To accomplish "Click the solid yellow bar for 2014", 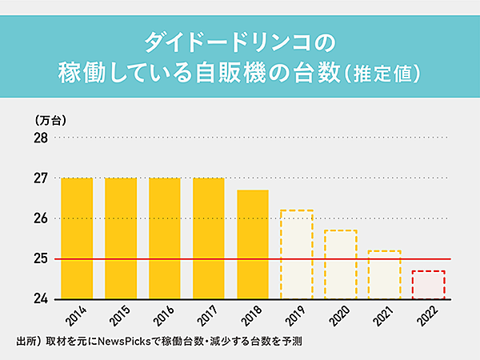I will point(77,238).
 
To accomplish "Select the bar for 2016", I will point(164,238).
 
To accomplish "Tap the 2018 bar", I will point(253,244).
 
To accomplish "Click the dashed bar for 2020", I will point(340,264).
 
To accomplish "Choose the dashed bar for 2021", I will point(384,274).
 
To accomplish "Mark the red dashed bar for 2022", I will point(428,285).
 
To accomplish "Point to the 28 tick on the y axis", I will point(40,138).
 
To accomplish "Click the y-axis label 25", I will point(40,258).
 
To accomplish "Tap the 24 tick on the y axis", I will point(40,299).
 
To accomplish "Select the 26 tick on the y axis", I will point(40,218).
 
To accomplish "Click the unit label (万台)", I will point(50,121).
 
